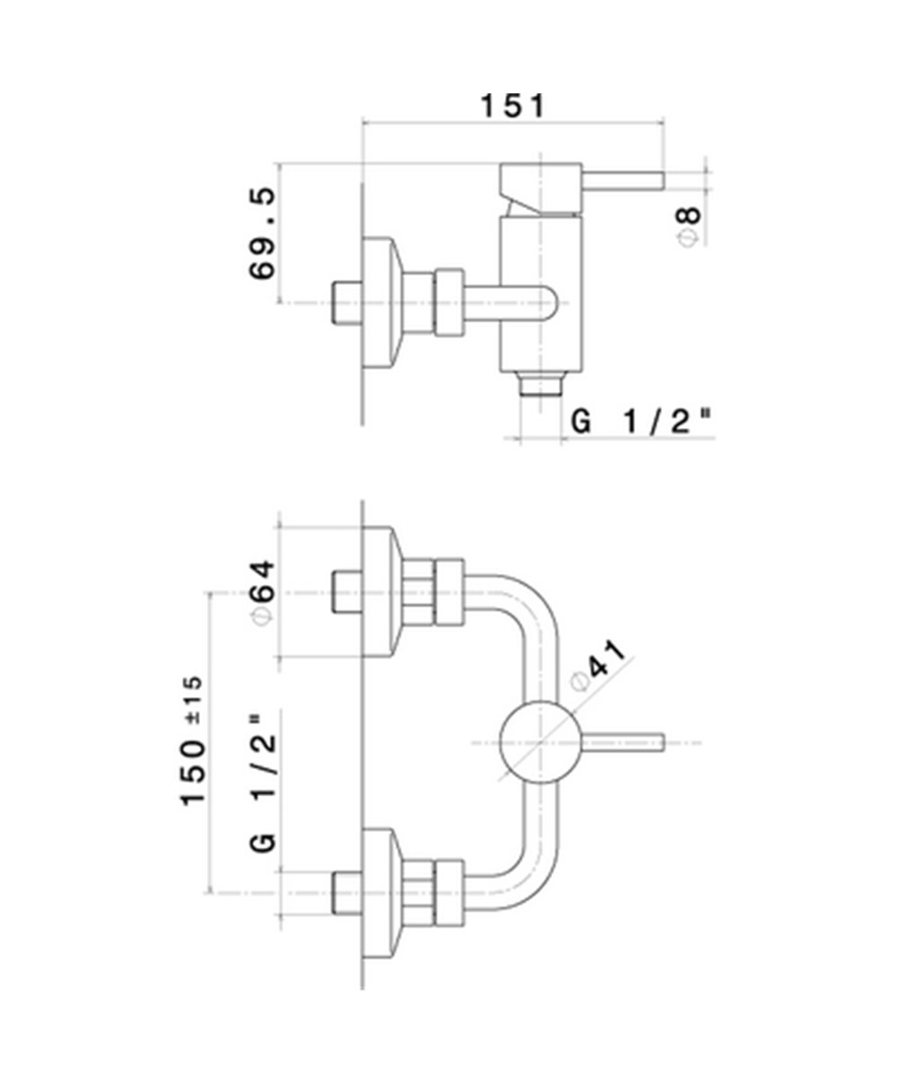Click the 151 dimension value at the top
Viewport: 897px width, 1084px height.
coord(512,106)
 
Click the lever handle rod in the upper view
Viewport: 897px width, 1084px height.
coord(624,179)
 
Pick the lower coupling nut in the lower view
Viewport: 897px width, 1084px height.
coord(450,893)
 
